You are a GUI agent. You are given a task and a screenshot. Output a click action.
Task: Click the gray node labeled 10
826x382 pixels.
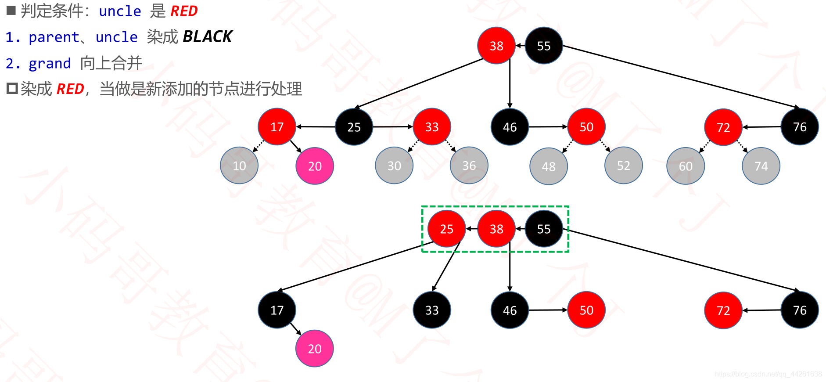239,166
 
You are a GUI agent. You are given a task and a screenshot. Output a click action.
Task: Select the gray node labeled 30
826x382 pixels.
394,166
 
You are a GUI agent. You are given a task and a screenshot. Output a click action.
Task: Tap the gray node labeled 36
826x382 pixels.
469,166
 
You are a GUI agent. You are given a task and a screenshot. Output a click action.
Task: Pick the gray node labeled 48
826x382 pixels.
549,166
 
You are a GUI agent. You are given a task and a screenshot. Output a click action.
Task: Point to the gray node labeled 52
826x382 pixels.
623,166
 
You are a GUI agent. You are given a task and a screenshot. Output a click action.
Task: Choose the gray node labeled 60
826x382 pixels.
686,166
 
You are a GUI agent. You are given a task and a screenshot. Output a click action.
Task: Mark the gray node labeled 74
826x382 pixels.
761,166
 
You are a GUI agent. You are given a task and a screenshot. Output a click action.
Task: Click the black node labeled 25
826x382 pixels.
354,127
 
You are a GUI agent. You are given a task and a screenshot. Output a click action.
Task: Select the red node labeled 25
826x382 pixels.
446,229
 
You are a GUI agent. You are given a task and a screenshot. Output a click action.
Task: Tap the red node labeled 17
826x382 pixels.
277,127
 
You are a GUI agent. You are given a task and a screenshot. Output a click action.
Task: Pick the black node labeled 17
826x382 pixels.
277,310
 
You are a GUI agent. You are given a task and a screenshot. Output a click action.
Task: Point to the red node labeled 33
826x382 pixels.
432,127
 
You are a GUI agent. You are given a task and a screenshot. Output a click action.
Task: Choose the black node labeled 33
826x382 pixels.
432,310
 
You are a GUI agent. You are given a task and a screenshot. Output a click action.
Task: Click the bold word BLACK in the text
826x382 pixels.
207,36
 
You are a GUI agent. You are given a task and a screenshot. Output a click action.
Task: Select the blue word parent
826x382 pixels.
54,37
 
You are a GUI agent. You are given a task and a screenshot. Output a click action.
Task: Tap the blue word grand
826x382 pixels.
50,64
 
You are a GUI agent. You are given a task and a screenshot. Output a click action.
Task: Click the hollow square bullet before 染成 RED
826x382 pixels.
12,89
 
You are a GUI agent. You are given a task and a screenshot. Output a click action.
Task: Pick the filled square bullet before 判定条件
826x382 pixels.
11,10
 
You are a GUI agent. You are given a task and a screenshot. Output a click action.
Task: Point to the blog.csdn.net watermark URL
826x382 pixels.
768,374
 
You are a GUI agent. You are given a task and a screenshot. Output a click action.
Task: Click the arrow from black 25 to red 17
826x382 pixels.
316,126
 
